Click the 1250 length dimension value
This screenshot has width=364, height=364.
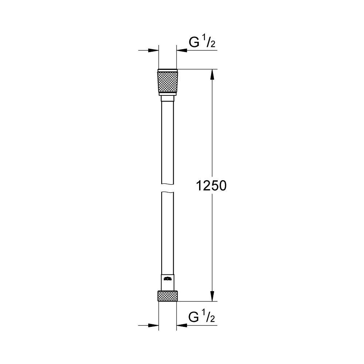click(x=211, y=186)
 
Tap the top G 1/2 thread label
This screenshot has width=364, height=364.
click(x=202, y=43)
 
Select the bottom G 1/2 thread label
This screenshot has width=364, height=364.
click(x=202, y=317)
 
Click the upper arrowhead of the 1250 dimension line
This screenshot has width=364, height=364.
click(x=213, y=74)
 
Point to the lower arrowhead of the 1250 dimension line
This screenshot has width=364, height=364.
click(x=213, y=297)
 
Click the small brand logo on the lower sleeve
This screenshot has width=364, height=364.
click(x=168, y=279)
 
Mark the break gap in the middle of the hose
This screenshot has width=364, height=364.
click(x=168, y=188)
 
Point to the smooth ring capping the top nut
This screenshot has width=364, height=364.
click(x=168, y=70)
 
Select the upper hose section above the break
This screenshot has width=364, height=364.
click(x=168, y=142)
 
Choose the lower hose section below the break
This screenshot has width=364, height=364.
click(x=168, y=233)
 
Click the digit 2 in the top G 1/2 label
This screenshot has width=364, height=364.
click(x=213, y=45)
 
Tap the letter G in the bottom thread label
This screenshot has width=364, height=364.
click(x=194, y=317)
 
